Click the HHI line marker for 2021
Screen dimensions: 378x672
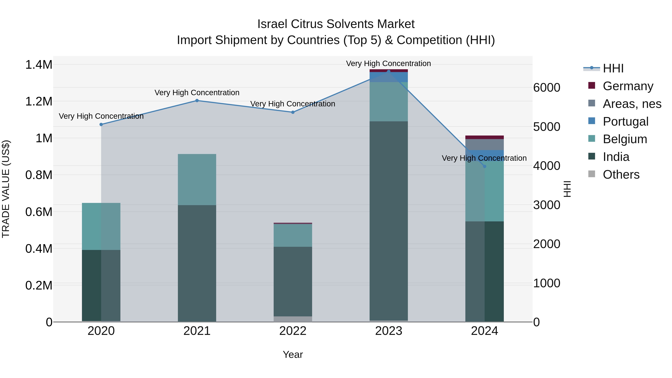197,101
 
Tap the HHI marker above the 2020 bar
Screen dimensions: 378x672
101,125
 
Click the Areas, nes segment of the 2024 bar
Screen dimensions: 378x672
484,145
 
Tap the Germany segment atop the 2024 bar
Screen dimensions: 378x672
484,137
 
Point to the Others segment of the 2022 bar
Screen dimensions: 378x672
293,319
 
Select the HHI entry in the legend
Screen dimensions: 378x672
613,68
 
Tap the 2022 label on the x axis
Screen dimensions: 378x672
293,331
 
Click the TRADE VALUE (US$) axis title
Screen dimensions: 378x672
6,189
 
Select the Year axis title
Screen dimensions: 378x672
293,354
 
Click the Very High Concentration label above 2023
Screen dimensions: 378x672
388,63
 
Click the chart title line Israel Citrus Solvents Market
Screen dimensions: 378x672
336,24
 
